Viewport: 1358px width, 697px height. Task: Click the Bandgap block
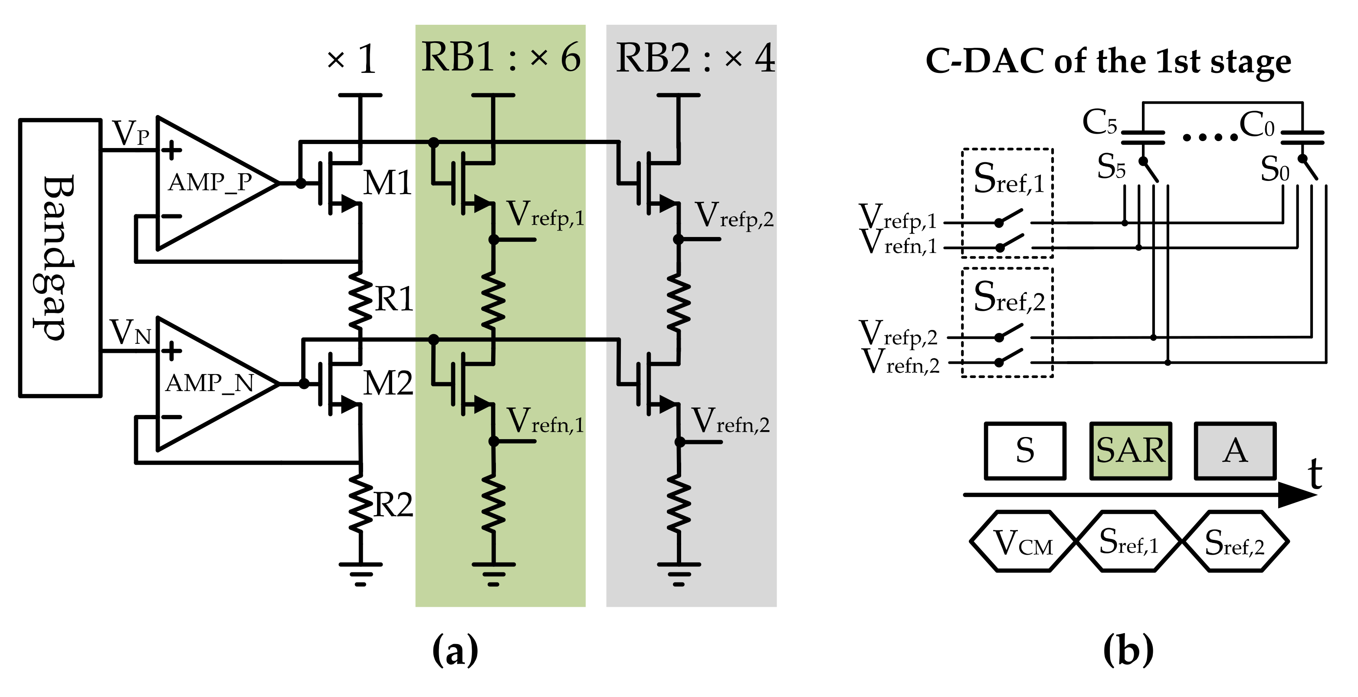point(60,257)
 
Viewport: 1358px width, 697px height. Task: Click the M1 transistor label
point(387,184)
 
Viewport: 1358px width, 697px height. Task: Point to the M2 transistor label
point(388,383)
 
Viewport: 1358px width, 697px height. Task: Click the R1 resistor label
point(394,299)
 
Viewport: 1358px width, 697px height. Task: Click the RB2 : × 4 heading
point(695,58)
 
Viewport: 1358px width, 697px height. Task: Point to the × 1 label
point(351,59)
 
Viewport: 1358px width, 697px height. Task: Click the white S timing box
point(1024,451)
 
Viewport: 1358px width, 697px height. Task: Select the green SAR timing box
point(1130,451)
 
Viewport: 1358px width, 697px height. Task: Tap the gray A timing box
point(1235,451)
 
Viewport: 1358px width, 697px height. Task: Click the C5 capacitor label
point(1099,123)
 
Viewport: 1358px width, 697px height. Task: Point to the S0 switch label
point(1274,169)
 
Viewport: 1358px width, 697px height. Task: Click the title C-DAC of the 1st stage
point(1108,62)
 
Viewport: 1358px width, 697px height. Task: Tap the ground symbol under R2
point(361,573)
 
